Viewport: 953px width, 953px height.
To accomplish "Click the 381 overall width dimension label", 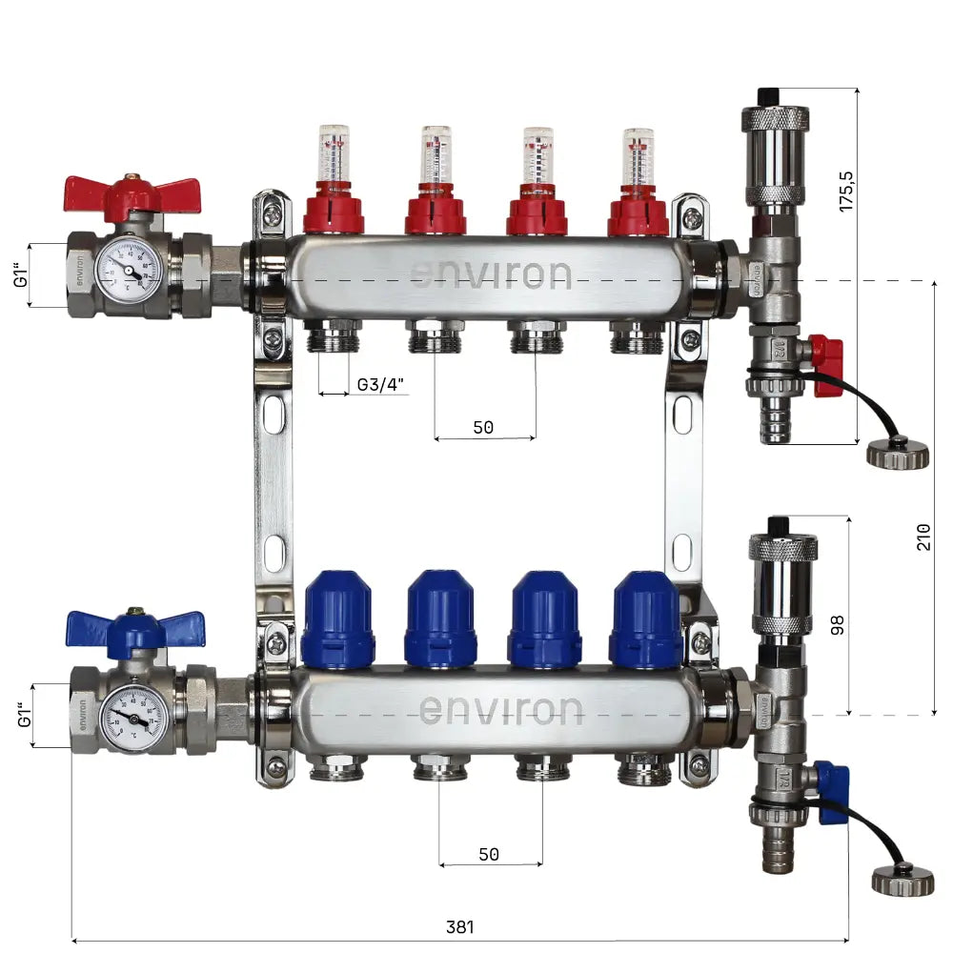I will (459, 926).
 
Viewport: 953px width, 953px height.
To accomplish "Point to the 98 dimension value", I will (837, 625).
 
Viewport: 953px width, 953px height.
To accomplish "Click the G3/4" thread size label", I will (381, 385).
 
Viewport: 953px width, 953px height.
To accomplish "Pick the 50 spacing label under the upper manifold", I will (483, 428).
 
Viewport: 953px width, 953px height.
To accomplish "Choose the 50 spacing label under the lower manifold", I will (489, 855).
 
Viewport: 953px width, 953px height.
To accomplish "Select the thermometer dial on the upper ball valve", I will (129, 271).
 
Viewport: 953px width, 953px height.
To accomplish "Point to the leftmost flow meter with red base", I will (334, 181).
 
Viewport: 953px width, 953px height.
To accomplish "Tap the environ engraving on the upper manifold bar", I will (491, 275).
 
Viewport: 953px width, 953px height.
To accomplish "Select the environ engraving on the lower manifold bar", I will (501, 710).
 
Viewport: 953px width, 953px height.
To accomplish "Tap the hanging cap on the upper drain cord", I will (897, 452).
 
